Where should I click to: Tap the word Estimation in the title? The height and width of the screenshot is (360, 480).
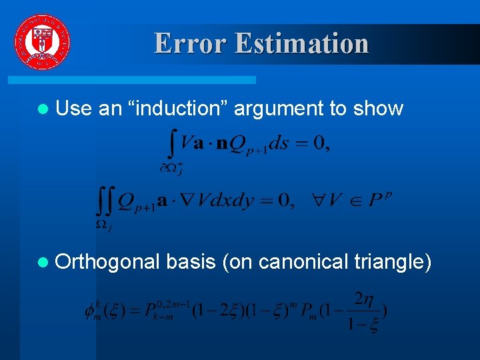pyautogui.click(x=301, y=43)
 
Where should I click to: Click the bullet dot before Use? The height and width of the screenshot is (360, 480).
pyautogui.click(x=43, y=109)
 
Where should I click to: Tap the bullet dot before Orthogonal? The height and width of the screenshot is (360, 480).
pyautogui.click(x=43, y=262)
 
